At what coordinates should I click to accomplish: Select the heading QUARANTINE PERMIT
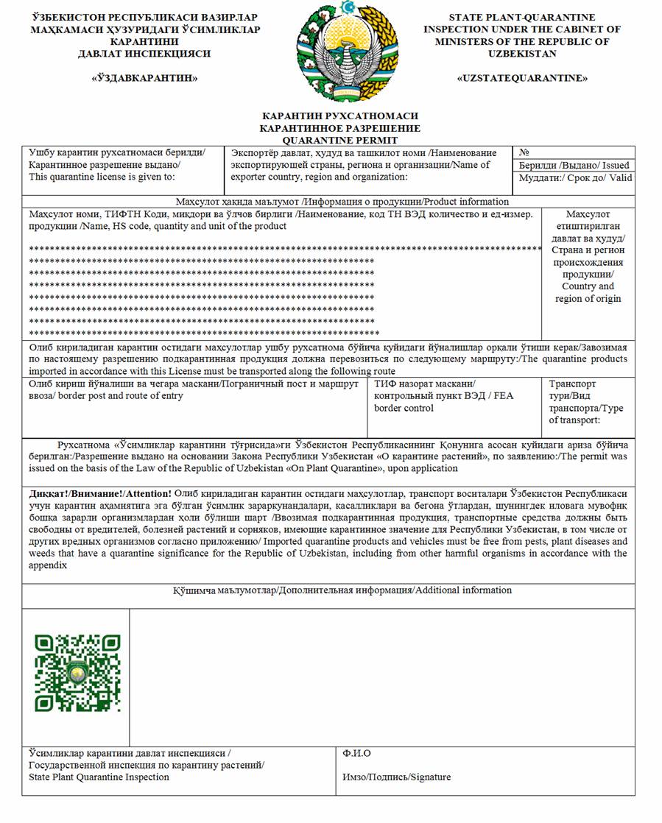pyautogui.click(x=339, y=140)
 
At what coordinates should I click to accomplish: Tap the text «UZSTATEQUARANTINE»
pyautogui.click(x=521, y=77)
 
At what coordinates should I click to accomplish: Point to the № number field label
pyautogui.click(x=525, y=153)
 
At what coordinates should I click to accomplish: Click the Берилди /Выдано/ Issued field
pyautogui.click(x=574, y=166)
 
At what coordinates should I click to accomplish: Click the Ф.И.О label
pyautogui.click(x=356, y=754)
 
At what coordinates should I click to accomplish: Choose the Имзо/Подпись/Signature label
pyautogui.click(x=396, y=777)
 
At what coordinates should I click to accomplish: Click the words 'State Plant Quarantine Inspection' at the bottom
pyautogui.click(x=99, y=777)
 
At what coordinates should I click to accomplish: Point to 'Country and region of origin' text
pyautogui.click(x=588, y=292)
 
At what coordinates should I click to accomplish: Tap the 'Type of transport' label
pyautogui.click(x=575, y=414)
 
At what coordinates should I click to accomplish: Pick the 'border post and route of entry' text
pyautogui.click(x=105, y=396)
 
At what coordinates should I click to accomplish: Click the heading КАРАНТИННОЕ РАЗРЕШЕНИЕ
pyautogui.click(x=339, y=128)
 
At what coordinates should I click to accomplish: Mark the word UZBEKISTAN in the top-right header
pyautogui.click(x=521, y=54)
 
